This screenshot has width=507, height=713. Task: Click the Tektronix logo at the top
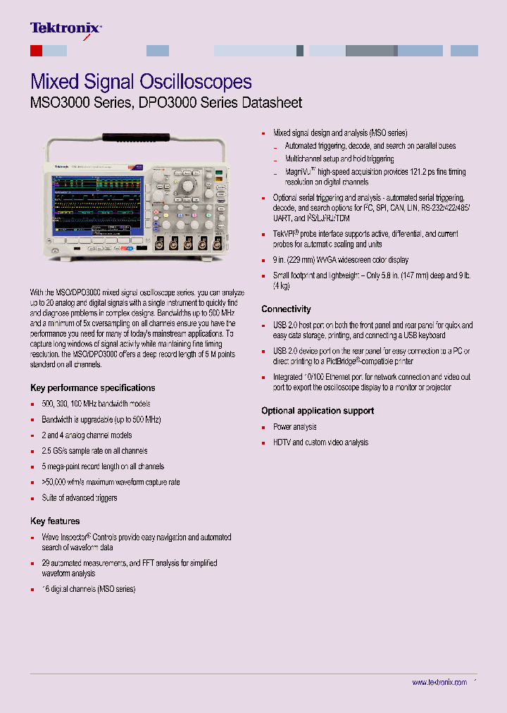[x=65, y=28]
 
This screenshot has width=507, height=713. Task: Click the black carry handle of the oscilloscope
[x=137, y=137]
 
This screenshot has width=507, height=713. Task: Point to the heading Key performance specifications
[x=92, y=387]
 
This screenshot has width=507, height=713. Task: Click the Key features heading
[x=55, y=521]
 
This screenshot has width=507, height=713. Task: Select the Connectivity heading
[x=286, y=309]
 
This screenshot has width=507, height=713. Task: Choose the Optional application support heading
[x=318, y=411]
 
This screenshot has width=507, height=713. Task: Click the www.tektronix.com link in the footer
[x=439, y=683]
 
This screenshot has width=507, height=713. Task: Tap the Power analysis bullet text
[x=294, y=427]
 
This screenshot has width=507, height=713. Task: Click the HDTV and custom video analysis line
[x=320, y=442]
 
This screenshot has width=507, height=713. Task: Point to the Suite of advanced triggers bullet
[x=79, y=498]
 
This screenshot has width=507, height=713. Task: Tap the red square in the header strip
[x=37, y=51]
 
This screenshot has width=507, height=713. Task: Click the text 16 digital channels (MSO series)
[x=88, y=589]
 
